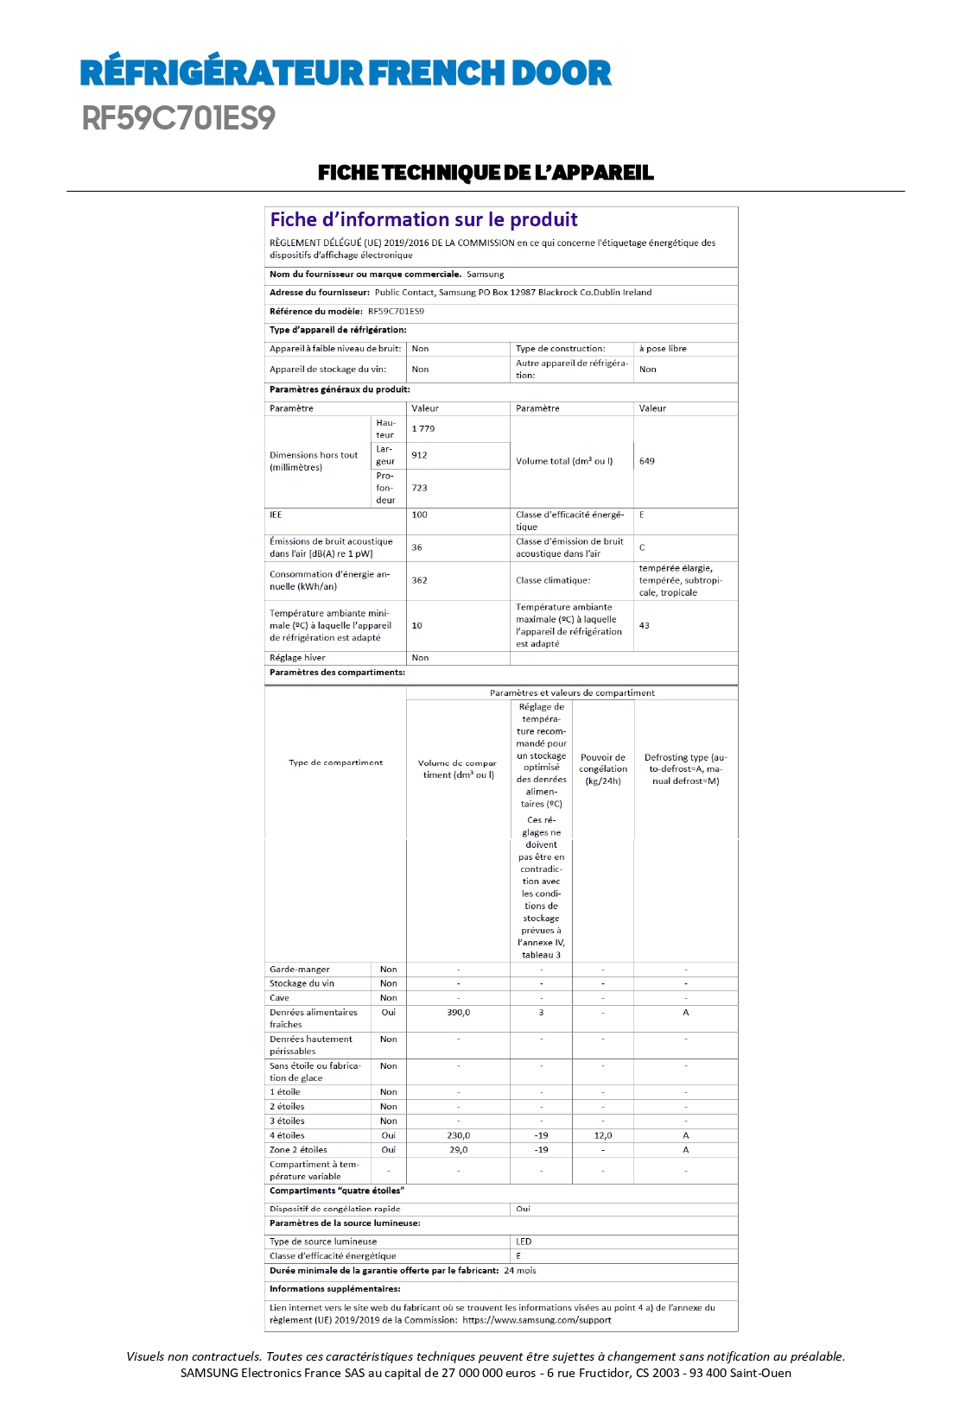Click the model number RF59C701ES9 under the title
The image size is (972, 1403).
pyautogui.click(x=179, y=118)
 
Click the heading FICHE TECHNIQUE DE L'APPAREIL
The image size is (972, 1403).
pyautogui.click(x=486, y=173)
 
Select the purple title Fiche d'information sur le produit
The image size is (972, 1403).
pyautogui.click(x=423, y=220)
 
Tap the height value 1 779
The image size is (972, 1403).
pyautogui.click(x=423, y=429)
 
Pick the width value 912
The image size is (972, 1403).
pyautogui.click(x=419, y=455)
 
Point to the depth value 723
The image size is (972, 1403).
pyautogui.click(x=420, y=488)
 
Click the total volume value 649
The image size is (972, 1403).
pyautogui.click(x=647, y=461)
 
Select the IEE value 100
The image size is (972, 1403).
pyautogui.click(x=420, y=515)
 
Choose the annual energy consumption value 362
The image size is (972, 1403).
pyautogui.click(x=420, y=580)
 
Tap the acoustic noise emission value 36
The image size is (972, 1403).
pyautogui.click(x=417, y=547)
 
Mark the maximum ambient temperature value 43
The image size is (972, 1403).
pyautogui.click(x=645, y=625)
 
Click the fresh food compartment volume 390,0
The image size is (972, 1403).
pyautogui.click(x=458, y=1013)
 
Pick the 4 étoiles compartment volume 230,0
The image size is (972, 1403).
pyautogui.click(x=458, y=1136)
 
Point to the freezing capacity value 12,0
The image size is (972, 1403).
pyautogui.click(x=603, y=1136)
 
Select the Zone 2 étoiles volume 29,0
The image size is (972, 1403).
pyautogui.click(x=458, y=1150)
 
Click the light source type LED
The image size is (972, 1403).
pyautogui.click(x=524, y=1242)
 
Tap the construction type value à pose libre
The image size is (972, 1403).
pyautogui.click(x=663, y=349)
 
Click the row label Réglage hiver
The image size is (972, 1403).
pyautogui.click(x=297, y=658)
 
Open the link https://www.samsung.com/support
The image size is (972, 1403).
pyautogui.click(x=537, y=1320)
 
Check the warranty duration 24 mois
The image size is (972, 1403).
pyautogui.click(x=520, y=1271)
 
